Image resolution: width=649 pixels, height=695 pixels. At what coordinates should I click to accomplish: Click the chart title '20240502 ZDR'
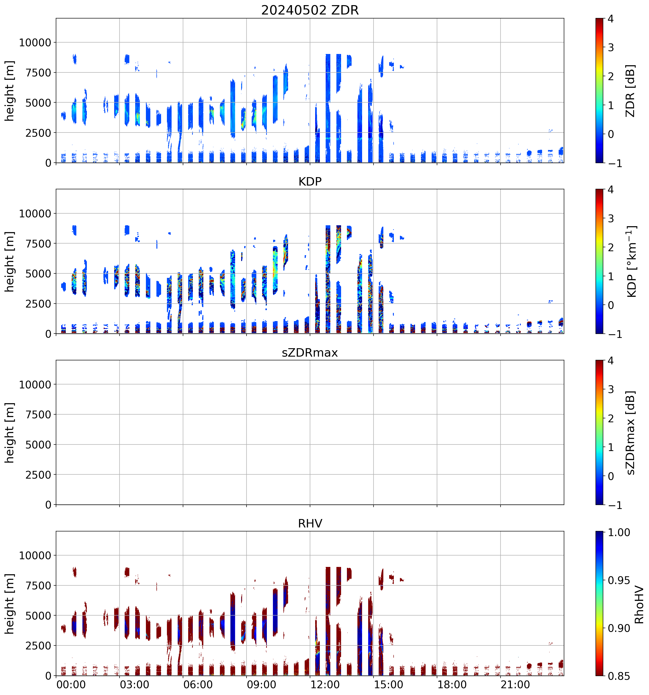[310, 10]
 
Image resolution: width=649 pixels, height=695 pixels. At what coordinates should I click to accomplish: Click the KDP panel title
[310, 181]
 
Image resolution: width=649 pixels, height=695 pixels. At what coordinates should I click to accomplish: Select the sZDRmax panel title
[310, 352]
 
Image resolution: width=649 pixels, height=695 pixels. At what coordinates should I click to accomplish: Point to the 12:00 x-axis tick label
[325, 684]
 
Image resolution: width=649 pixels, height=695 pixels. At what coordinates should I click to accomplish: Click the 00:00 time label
[71, 684]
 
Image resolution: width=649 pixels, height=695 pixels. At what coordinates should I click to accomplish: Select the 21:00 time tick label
[515, 684]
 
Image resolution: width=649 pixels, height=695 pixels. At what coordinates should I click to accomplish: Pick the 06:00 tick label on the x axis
[198, 684]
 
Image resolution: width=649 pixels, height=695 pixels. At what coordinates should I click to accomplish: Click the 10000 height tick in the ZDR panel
[35, 43]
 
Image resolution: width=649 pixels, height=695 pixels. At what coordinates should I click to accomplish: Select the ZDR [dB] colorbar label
[630, 91]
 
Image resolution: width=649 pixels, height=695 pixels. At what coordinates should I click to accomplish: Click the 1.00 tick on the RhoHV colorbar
[619, 532]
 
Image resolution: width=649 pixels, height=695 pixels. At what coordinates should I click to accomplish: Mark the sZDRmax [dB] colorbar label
[630, 433]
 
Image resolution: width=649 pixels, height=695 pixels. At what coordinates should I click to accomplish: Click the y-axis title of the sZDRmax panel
[9, 433]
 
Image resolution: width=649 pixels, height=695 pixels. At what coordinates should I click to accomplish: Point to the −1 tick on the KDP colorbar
[615, 334]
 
